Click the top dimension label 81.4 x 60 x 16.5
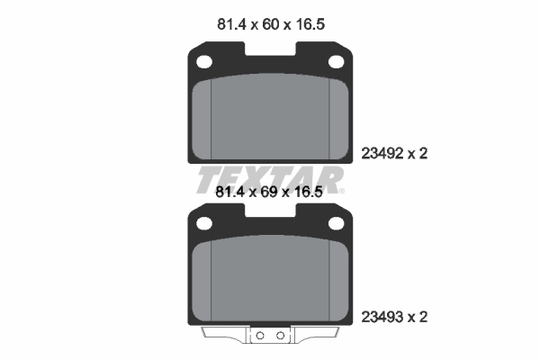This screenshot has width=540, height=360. coord(271,24)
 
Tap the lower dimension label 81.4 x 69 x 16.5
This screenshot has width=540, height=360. coord(269,192)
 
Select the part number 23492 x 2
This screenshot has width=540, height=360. coord(394,153)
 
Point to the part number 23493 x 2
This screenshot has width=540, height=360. coord(394,317)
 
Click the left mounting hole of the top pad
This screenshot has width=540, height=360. coord(204,62)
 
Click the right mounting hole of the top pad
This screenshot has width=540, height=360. coord(336,62)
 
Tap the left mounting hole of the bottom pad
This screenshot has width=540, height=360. coord(204,223)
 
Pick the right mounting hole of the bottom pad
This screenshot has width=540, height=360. coord(336,223)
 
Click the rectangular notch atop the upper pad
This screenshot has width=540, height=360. coord(270,49)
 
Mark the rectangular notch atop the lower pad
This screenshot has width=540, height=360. coord(270,210)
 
